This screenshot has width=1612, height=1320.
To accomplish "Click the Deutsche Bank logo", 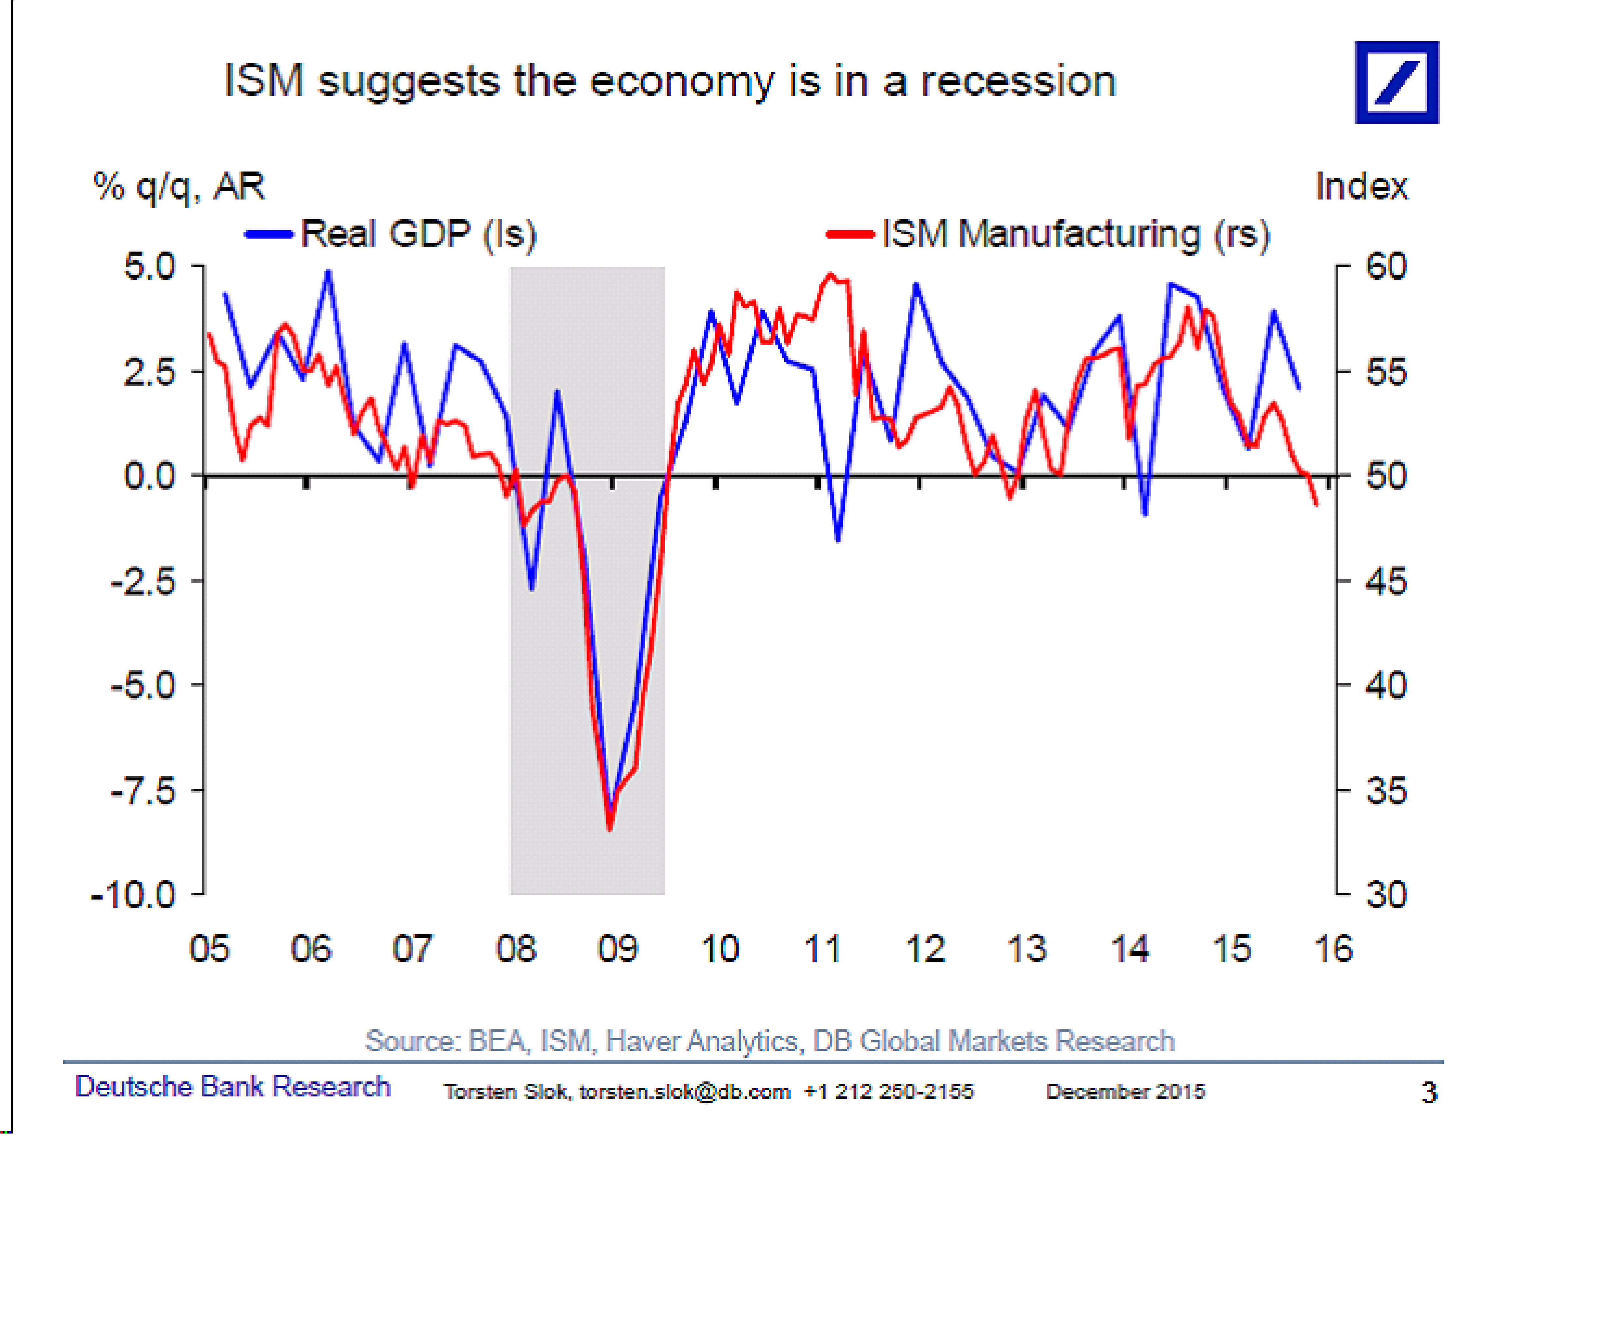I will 1396,82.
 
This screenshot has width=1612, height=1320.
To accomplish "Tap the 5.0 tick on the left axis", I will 150,266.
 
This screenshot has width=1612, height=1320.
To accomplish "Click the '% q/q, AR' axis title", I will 179,186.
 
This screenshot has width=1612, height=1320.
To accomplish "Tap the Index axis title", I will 1361,186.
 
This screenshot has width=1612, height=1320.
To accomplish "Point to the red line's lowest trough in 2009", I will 610,829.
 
